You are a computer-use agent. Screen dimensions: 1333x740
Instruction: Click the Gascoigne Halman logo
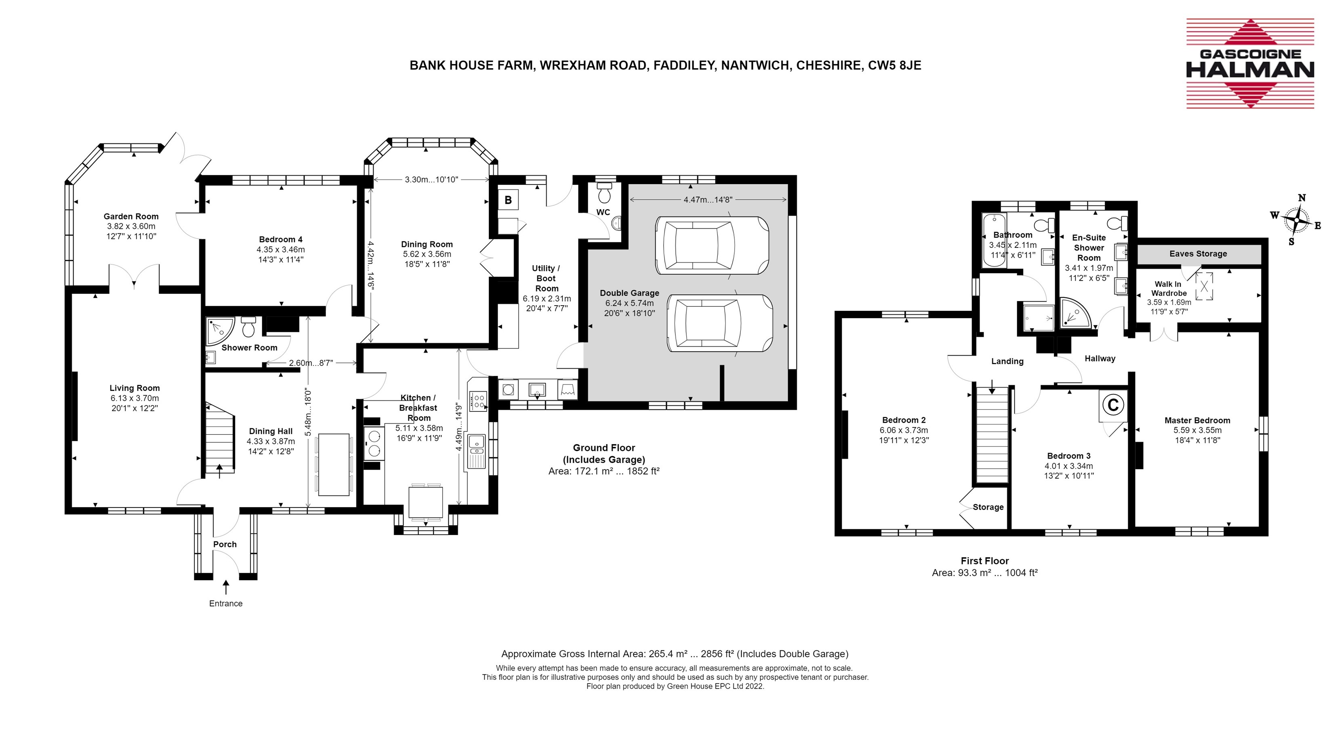(1250, 64)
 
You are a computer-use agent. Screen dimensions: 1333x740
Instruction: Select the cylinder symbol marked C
(1113, 405)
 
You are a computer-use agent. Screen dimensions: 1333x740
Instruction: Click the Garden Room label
(131, 216)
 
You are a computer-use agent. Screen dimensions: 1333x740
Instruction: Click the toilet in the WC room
(604, 193)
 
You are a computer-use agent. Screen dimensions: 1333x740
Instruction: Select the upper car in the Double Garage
(711, 245)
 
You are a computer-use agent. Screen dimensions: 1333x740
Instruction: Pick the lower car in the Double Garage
(720, 323)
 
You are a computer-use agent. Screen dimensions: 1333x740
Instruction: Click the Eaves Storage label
(1198, 254)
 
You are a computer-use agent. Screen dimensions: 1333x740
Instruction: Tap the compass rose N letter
(1302, 197)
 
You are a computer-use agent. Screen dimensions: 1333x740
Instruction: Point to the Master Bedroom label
(1197, 420)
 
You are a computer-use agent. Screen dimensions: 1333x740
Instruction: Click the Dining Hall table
(334, 464)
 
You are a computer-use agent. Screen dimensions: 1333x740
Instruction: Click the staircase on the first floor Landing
(992, 434)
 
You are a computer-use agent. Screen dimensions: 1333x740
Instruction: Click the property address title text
(665, 65)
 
